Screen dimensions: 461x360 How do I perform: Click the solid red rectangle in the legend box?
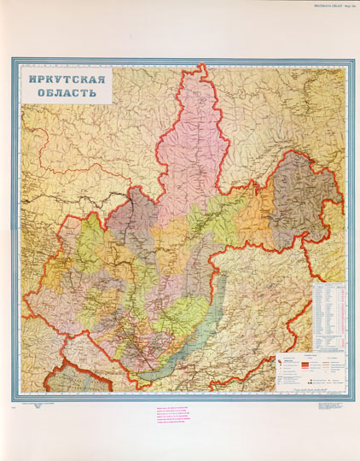[281, 363]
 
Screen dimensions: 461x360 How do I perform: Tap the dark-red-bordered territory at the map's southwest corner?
[51, 380]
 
